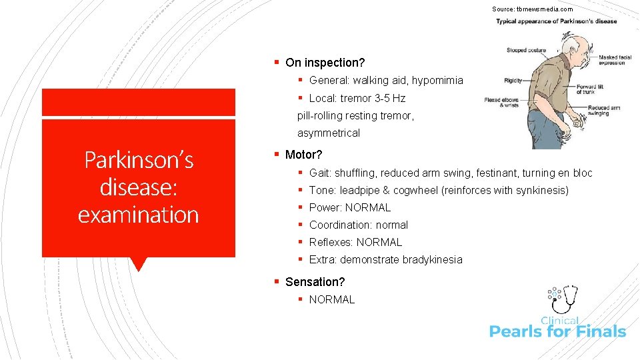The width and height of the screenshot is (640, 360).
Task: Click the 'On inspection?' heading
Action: (x=325, y=63)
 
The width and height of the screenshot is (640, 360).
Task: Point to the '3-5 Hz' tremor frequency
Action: (x=389, y=98)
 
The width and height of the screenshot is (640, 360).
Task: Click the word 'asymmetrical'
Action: (x=328, y=133)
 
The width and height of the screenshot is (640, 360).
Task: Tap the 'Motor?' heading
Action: (x=303, y=155)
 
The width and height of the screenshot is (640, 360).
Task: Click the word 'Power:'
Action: (x=325, y=207)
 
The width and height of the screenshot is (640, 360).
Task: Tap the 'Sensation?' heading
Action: (x=315, y=282)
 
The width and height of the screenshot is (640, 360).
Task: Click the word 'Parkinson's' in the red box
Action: (x=139, y=160)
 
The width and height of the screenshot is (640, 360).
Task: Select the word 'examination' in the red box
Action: (x=139, y=215)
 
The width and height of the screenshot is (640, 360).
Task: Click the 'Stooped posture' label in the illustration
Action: (x=525, y=50)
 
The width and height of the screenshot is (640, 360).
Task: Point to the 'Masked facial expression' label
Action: (x=617, y=60)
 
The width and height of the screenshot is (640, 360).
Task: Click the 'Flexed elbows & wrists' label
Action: (x=502, y=103)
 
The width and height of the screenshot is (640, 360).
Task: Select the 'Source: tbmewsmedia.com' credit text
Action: (x=532, y=9)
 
